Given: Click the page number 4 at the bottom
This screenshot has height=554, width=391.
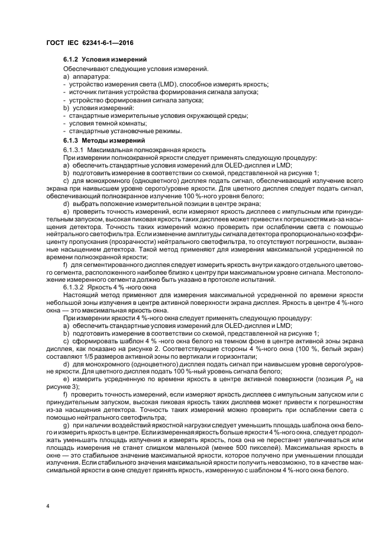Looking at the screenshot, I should coord(49,506).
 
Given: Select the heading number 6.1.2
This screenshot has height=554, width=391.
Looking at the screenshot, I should coord(71,60).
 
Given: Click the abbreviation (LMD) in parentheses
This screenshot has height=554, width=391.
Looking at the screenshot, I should coord(169,85).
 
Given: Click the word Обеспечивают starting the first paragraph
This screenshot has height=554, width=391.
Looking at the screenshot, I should coord(83,70).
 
